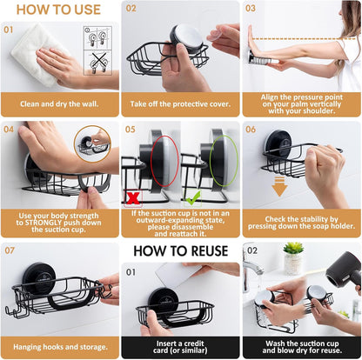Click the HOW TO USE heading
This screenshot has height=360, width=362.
[59, 10]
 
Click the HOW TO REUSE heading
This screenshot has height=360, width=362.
[181, 252]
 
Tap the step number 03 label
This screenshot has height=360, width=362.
[250, 9]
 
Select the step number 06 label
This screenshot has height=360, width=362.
[250, 130]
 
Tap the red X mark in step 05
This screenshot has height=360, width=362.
[133, 198]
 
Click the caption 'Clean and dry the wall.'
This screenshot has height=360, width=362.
[59, 103]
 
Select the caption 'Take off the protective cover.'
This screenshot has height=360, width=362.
[180, 103]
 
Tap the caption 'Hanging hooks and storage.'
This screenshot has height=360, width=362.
[59, 345]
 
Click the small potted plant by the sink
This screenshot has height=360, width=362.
[293, 258]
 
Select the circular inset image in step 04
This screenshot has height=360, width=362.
[91, 143]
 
